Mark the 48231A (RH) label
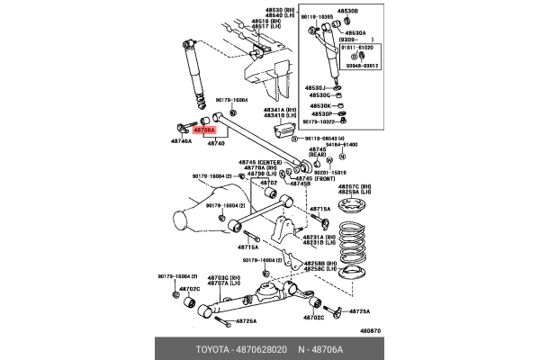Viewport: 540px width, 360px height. tap(319, 236)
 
